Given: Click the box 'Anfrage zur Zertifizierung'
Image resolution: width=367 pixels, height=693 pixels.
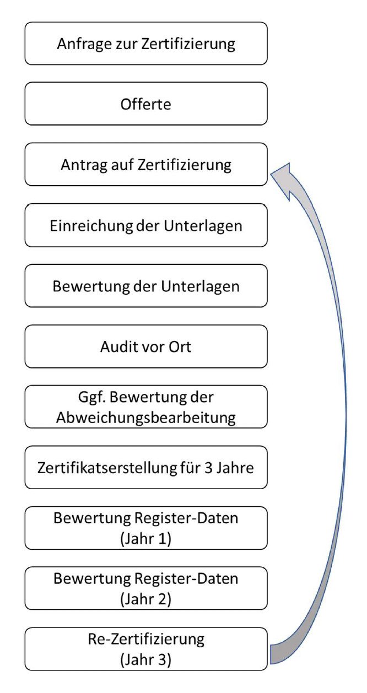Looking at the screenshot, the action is pyautogui.click(x=145, y=44).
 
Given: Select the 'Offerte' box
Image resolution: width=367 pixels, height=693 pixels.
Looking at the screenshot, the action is pyautogui.click(x=145, y=104).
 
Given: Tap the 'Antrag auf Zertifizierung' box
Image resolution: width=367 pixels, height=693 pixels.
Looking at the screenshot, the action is pyautogui.click(x=145, y=164).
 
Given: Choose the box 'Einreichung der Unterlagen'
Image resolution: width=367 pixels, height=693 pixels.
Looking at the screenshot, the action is pyautogui.click(x=145, y=225).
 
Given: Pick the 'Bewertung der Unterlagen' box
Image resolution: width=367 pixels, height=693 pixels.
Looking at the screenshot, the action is pyautogui.click(x=145, y=286).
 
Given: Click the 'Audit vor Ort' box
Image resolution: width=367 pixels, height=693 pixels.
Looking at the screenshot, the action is pyautogui.click(x=145, y=346).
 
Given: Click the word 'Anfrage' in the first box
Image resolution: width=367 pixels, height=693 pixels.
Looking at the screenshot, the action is pyautogui.click(x=84, y=44).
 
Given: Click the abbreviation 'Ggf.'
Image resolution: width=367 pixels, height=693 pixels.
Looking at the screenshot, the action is pyautogui.click(x=92, y=398).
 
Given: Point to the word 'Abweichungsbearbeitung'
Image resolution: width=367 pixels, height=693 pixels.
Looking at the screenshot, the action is pyautogui.click(x=145, y=418).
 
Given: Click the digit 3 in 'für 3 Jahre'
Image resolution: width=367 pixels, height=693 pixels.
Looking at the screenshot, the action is pyautogui.click(x=208, y=468).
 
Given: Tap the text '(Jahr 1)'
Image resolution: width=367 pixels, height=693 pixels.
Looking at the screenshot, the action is pyautogui.click(x=145, y=539).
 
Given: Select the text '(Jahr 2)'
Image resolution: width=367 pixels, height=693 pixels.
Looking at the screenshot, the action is pyautogui.click(x=145, y=599).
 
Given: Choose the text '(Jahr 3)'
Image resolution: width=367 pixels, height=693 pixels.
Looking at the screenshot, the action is pyautogui.click(x=145, y=660).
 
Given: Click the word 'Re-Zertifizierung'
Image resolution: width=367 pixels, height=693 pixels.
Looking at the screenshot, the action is pyautogui.click(x=146, y=639).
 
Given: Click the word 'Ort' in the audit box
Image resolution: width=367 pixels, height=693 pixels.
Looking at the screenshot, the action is pyautogui.click(x=180, y=347).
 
